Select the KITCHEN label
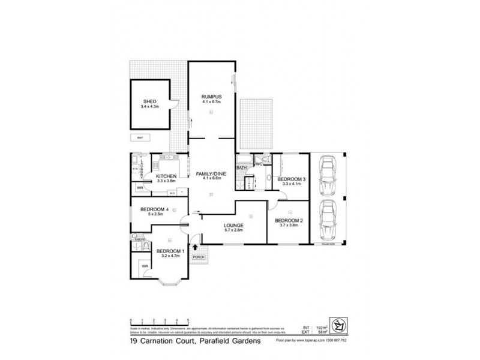[166, 175]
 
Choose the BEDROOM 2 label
[289, 220]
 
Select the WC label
[259, 163]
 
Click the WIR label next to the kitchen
[139, 188]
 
